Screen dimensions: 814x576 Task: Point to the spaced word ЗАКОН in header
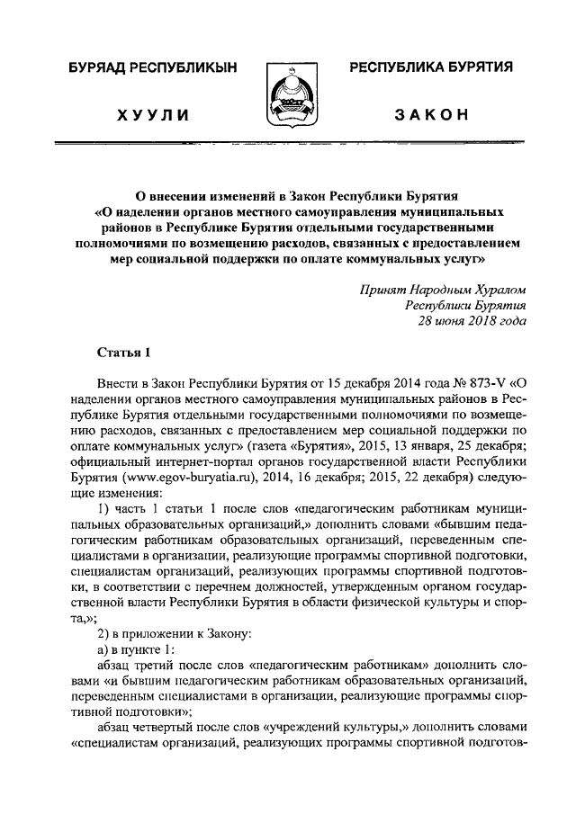click(x=430, y=115)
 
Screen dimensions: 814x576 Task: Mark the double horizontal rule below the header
click(x=288, y=144)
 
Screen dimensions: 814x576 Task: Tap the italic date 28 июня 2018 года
click(x=466, y=321)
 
